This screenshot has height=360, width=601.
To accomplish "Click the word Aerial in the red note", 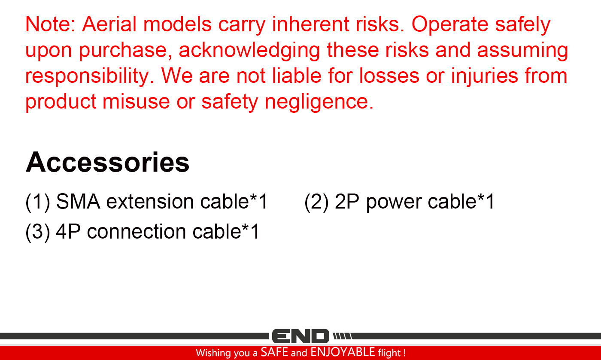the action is coord(109,24).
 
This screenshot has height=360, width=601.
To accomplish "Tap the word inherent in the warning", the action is coord(310,24).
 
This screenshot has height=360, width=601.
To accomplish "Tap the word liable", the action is coord(297,76).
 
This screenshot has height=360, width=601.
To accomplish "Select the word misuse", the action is coord(136,101).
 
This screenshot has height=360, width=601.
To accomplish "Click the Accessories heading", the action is coord(108,162).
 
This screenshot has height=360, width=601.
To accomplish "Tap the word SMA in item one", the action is coord(78,201).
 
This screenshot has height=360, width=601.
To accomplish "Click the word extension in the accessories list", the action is coord(150,201).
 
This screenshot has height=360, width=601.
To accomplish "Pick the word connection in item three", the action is coord(137,232).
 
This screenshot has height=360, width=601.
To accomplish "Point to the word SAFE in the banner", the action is coord(274,352).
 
